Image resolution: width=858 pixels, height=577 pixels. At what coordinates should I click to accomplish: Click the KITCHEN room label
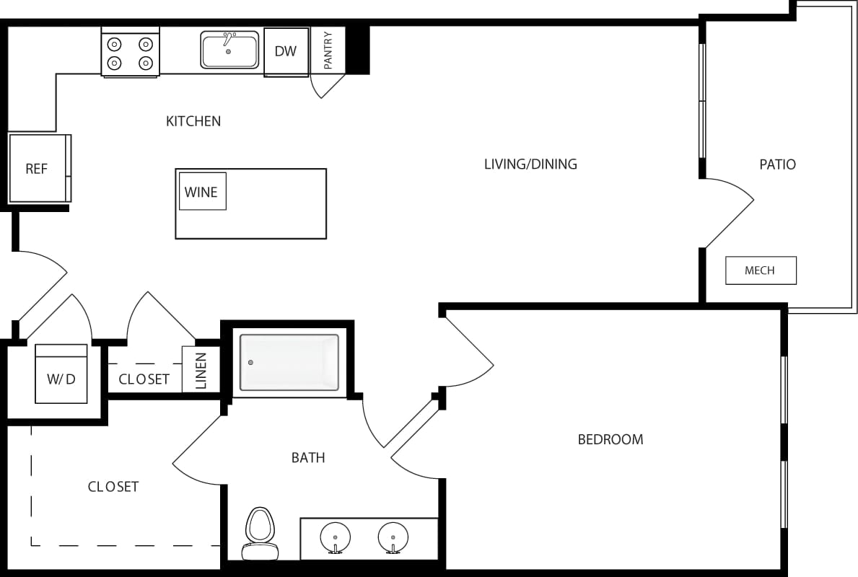(193, 121)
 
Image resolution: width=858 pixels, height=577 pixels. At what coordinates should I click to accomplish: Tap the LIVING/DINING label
(530, 164)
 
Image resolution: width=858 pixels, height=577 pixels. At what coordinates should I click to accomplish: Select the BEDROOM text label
(610, 439)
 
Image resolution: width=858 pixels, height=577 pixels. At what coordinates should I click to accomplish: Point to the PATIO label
(777, 164)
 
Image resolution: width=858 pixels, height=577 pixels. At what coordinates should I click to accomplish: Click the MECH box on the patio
(761, 270)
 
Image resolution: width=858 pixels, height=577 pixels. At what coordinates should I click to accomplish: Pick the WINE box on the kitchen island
(202, 192)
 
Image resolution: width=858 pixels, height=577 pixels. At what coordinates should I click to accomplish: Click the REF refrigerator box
(38, 169)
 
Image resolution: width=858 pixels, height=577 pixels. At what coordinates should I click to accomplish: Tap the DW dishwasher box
(286, 51)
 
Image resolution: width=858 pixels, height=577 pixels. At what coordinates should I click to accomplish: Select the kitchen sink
(229, 50)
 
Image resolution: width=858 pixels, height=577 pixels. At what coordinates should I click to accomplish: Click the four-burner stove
(130, 53)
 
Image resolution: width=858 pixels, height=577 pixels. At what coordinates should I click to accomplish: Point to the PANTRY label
(328, 50)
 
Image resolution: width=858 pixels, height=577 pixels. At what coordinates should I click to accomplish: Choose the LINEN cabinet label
(201, 370)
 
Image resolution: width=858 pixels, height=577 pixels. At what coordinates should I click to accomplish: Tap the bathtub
(289, 362)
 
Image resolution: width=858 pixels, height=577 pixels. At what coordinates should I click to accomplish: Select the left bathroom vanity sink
(335, 538)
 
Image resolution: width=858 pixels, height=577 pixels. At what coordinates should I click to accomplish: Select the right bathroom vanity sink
(393, 538)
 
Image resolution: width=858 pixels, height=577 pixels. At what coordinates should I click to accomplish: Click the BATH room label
(308, 457)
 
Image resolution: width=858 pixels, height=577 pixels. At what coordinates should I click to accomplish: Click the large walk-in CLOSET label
(113, 487)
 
